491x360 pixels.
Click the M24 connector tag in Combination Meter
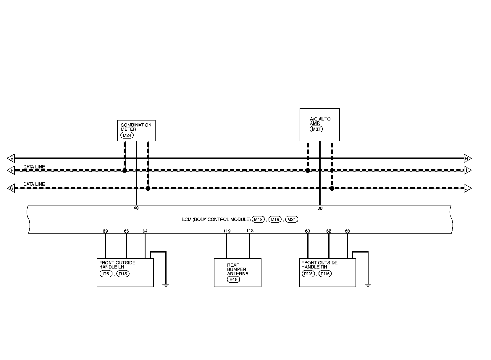(127, 135)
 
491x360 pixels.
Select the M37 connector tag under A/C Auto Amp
(316, 129)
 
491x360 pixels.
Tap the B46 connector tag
(233, 279)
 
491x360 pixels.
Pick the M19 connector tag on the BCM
(275, 220)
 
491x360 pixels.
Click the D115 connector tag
(325, 274)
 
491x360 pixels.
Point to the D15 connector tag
(123, 274)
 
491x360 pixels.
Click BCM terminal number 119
(227, 231)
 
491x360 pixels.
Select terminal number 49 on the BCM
(136, 208)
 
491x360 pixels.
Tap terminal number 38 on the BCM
(320, 208)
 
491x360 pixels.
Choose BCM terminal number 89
(105, 231)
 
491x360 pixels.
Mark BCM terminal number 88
(347, 231)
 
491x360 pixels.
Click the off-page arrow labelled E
(11, 158)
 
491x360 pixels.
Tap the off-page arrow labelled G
(11, 188)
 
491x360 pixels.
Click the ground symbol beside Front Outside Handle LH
(166, 285)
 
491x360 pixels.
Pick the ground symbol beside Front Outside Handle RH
(368, 285)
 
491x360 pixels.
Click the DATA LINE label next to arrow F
(34, 167)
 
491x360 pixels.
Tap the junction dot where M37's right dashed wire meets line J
(332, 188)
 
